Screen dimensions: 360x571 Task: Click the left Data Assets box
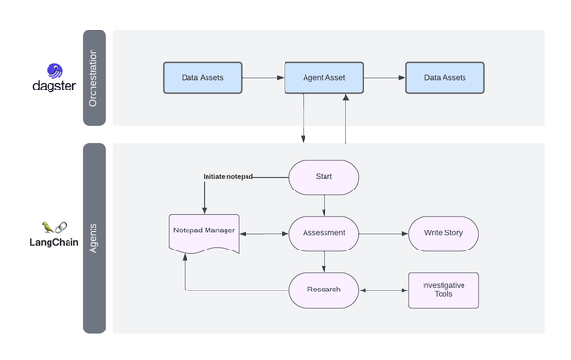(x=203, y=78)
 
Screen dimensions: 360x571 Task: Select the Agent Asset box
(x=324, y=78)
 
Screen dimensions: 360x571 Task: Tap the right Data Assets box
(x=444, y=78)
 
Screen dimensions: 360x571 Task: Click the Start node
(x=324, y=176)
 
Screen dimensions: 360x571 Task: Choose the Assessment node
(x=324, y=232)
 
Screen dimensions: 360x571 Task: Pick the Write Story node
(x=443, y=232)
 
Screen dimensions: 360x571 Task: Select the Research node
(x=324, y=290)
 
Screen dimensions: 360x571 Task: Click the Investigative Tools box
(x=443, y=290)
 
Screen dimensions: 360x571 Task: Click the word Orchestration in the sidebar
(x=93, y=78)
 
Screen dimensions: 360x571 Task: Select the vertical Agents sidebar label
(x=93, y=238)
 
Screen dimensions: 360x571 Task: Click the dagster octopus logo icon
(x=55, y=71)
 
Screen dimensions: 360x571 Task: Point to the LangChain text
(x=54, y=243)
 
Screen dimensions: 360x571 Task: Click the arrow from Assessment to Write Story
(x=384, y=232)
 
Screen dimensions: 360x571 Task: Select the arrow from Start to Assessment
(x=324, y=205)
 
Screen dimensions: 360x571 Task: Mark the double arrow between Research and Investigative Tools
(x=384, y=290)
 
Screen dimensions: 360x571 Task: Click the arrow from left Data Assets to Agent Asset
(x=264, y=78)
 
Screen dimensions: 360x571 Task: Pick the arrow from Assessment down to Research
(x=324, y=262)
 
